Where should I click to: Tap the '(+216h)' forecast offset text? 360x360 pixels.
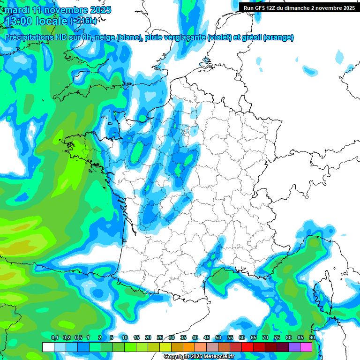point(84,21)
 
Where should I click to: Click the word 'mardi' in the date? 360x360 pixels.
point(16,10)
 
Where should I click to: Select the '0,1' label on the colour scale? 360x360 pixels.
point(54,337)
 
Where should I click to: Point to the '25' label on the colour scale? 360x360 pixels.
point(160,337)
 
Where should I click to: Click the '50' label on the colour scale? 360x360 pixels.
point(218,337)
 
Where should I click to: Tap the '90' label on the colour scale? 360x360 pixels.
point(312,337)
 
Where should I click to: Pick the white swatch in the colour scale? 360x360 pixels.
point(48,347)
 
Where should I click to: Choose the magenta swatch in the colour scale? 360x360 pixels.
point(306,347)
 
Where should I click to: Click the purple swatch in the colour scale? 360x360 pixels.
point(294,347)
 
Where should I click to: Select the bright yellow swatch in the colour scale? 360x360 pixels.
point(165,347)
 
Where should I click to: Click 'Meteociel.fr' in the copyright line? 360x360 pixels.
point(218,356)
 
